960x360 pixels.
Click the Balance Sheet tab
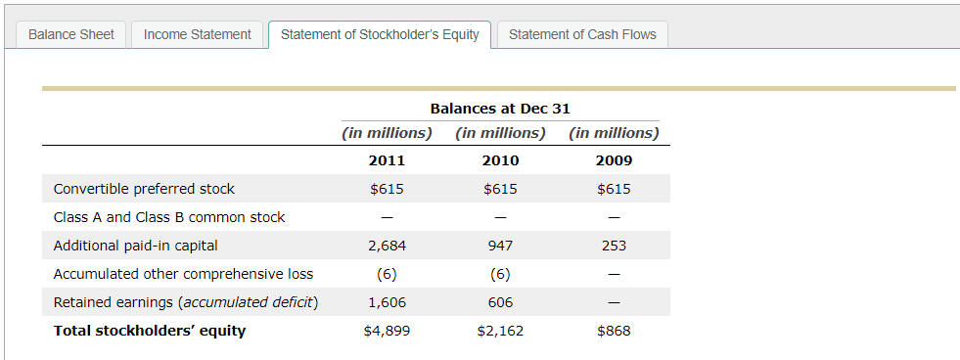71,34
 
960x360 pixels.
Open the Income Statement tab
198,34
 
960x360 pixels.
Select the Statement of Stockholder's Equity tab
380,34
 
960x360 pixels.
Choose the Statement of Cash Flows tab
582,34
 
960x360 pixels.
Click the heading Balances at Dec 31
500,109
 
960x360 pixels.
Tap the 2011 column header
387,160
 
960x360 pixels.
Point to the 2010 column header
500,160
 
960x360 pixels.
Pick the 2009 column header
614,160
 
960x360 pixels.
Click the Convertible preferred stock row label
144,189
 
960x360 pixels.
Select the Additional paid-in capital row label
135,246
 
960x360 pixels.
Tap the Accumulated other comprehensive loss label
183,274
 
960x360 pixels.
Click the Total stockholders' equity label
150,331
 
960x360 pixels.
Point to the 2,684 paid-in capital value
387,246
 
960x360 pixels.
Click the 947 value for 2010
500,246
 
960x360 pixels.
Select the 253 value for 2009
614,246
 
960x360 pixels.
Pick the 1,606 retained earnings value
387,302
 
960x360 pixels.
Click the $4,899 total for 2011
387,331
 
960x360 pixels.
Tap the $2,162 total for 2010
500,331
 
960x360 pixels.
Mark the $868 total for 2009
614,331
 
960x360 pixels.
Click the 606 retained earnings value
500,302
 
